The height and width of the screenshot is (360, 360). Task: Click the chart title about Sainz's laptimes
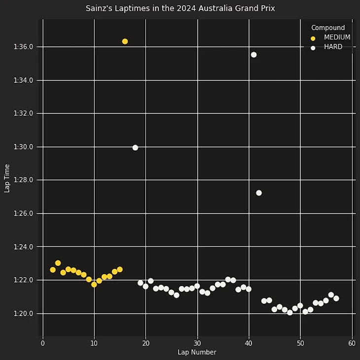(x=180, y=8)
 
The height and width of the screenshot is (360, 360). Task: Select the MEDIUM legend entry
(x=337, y=37)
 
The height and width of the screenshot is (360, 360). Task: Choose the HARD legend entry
(x=333, y=47)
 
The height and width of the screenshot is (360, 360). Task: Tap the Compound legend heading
(x=328, y=28)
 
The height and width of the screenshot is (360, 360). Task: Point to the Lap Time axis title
(x=7, y=178)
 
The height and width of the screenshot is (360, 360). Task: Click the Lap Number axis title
(x=197, y=352)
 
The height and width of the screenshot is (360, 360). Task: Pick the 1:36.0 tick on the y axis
(x=24, y=47)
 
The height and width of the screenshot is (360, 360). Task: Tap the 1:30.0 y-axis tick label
(x=24, y=147)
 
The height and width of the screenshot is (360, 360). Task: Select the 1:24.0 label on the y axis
(x=24, y=247)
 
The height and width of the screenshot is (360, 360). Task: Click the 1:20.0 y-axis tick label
(x=24, y=314)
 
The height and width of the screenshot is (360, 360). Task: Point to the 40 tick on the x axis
(x=249, y=343)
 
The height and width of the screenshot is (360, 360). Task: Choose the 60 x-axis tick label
(x=352, y=343)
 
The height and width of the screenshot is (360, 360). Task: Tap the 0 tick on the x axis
(x=43, y=343)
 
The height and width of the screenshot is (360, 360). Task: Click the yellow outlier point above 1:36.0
(x=125, y=41)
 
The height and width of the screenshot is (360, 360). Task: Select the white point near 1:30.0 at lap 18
(x=135, y=147)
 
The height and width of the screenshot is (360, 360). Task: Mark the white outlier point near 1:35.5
(x=253, y=55)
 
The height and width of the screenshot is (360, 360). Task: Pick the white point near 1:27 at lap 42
(x=259, y=193)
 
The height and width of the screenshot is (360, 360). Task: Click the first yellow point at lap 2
(x=53, y=270)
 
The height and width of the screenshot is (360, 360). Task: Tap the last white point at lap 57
(x=336, y=298)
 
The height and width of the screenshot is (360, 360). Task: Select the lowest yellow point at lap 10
(x=94, y=285)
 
